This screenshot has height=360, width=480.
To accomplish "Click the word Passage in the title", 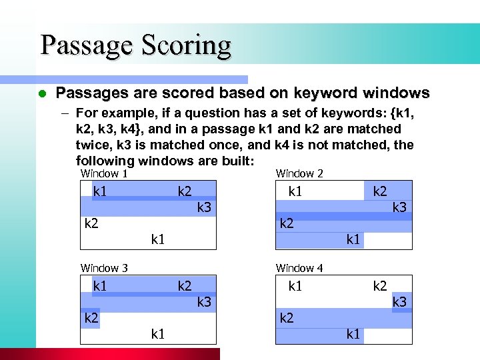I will point(87,45).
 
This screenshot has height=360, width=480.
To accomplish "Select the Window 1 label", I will point(104,173).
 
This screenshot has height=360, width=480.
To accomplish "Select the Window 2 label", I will point(299,173).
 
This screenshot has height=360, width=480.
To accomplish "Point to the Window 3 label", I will point(104,268).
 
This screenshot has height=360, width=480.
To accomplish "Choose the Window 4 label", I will point(299,268).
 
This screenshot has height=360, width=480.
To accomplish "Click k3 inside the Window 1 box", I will point(204,207).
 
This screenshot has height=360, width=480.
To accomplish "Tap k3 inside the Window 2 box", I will point(399,207).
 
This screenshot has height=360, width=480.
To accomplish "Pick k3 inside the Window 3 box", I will point(204,302).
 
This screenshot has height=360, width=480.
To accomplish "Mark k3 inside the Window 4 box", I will point(399,302).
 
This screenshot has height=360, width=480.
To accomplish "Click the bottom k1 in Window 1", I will point(158,239).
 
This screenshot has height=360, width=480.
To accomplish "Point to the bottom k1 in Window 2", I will point(353,239).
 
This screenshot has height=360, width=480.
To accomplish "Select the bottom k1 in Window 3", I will point(158,334).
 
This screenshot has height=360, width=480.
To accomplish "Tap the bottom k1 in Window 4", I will point(353,334).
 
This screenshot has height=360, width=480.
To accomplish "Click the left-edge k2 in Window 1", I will point(91,223).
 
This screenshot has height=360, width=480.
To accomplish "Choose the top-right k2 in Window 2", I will point(380,191).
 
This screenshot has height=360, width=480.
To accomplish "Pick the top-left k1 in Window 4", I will point(295,286).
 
